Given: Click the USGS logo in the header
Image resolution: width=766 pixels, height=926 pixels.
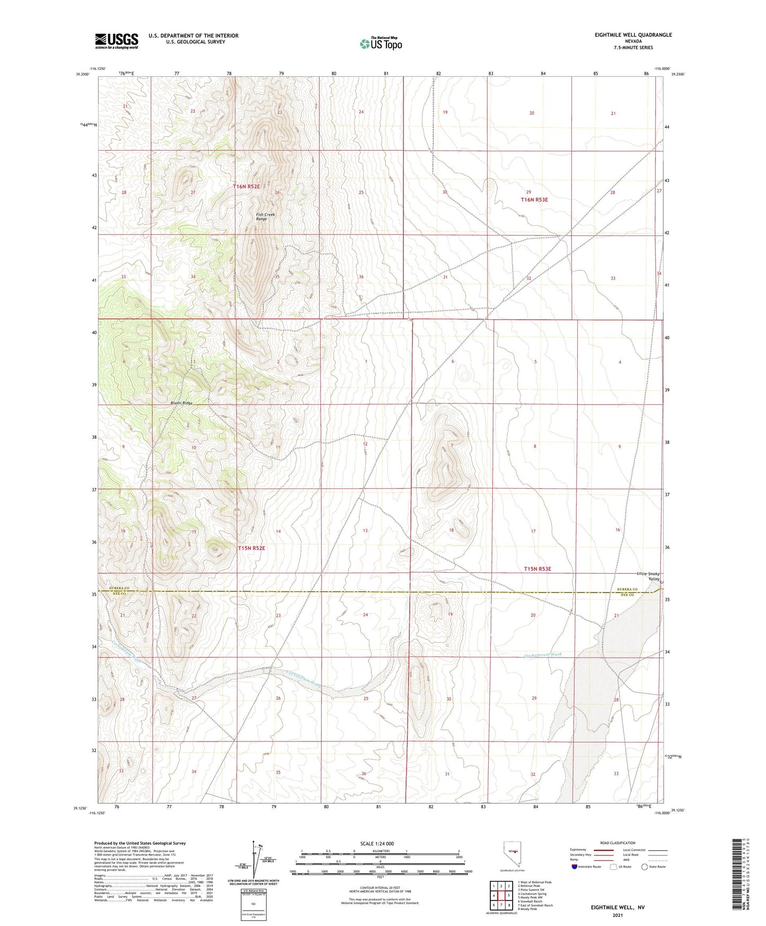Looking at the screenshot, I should click(x=116, y=40).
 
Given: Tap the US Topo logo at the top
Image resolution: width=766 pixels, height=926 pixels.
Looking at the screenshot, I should click(x=381, y=43).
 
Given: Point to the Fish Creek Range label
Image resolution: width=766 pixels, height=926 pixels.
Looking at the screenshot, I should click(x=265, y=216).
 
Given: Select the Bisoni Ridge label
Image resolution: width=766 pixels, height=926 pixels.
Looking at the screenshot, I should click(x=181, y=403).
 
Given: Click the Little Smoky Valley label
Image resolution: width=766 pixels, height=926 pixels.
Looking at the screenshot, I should click(x=648, y=576).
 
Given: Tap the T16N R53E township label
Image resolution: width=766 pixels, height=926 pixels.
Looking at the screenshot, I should click(x=534, y=199).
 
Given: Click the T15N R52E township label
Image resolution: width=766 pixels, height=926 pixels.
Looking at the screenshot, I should click(x=251, y=548).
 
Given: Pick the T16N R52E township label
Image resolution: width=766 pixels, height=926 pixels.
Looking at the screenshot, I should click(x=246, y=186).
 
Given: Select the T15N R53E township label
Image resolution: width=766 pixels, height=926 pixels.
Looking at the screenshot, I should click(x=538, y=569).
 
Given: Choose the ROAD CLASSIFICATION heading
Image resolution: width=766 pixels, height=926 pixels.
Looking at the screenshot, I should click(x=618, y=843).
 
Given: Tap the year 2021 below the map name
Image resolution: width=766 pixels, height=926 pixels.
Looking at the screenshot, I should click(x=617, y=915).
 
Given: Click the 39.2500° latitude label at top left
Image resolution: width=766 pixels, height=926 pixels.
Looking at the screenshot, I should click(x=83, y=75).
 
